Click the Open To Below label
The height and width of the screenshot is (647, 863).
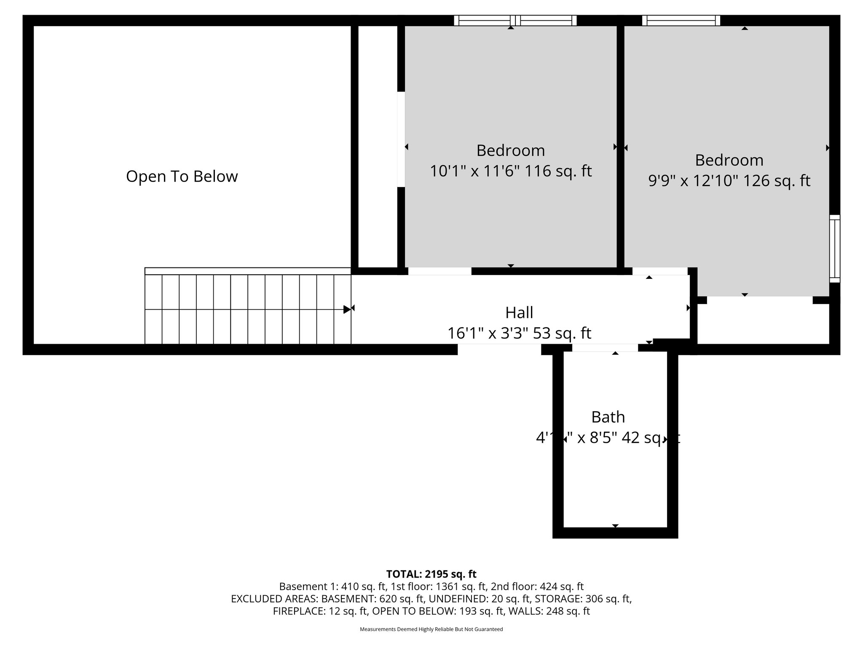pyautogui.click(x=182, y=176)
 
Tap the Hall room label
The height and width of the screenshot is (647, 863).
pyautogui.click(x=519, y=313)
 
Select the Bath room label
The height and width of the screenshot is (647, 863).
pyautogui.click(x=608, y=417)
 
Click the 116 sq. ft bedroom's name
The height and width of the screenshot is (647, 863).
pyautogui.click(x=510, y=150)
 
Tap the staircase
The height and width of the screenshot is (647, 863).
pyautogui.click(x=248, y=309)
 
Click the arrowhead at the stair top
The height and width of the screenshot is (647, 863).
pyautogui.click(x=347, y=310)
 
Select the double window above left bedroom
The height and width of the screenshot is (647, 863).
pyautogui.click(x=515, y=20)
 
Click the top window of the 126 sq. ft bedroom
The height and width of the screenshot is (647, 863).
pyautogui.click(x=681, y=20)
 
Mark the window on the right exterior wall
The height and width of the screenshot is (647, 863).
pyautogui.click(x=834, y=249)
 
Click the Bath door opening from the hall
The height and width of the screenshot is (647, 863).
pyautogui.click(x=605, y=348)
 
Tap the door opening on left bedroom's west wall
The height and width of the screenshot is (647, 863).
pyautogui.click(x=401, y=139)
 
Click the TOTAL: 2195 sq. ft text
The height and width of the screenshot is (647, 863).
pyautogui.click(x=431, y=574)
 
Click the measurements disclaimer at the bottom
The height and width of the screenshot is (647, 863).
pyautogui.click(x=431, y=629)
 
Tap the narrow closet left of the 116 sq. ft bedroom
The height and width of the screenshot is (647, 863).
pyautogui.click(x=378, y=143)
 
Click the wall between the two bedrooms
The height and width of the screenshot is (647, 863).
pyautogui.click(x=620, y=143)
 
